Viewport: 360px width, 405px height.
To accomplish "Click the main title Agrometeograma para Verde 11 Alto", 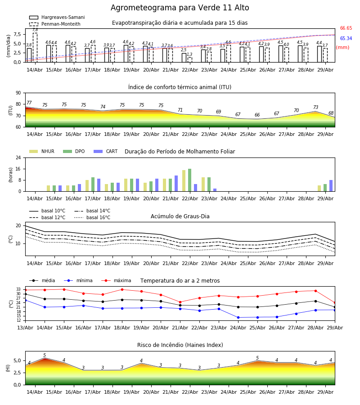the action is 180,8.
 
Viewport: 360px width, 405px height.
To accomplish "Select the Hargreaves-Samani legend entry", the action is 57,17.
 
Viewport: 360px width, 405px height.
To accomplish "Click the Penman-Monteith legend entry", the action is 55,24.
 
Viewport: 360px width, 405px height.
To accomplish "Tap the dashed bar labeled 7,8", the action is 35,48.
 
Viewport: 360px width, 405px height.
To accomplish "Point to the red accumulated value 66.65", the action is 346,28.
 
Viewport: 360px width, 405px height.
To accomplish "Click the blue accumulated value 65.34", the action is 346,39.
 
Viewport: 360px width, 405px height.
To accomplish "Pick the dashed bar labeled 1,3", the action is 190,60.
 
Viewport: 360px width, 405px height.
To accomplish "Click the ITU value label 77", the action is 29,103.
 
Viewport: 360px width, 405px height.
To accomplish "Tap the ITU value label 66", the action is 257,115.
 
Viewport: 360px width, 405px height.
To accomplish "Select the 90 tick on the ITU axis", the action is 18,93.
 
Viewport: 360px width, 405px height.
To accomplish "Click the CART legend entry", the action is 106,151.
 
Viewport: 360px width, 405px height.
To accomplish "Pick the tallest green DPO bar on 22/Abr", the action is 190,180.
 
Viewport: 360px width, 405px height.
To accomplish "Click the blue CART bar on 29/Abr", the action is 331,186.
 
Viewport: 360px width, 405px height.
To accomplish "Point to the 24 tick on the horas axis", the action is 18,157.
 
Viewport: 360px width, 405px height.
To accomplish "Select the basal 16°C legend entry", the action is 92,217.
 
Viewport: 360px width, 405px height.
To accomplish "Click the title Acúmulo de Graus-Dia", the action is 180,216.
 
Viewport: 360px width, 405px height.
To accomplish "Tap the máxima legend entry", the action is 116,280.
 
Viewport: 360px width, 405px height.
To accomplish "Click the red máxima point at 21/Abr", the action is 180,302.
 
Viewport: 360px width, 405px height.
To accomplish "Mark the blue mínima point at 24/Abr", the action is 238,317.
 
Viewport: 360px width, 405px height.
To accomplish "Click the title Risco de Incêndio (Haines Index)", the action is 180,345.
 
